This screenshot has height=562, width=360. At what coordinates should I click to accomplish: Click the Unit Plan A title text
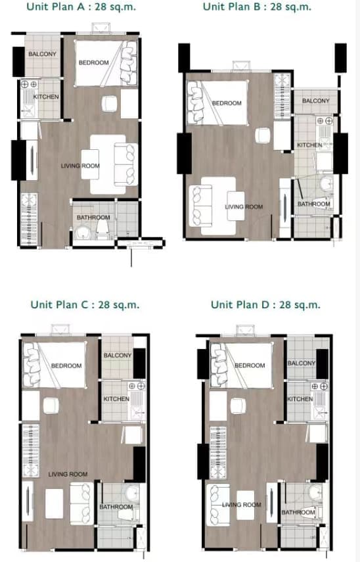coord(81,7)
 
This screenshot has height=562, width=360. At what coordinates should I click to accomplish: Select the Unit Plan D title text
coord(265,304)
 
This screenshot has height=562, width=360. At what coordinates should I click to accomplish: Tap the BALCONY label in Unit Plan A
coord(42,54)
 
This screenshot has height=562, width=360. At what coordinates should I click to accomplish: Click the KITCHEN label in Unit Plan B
coord(309,145)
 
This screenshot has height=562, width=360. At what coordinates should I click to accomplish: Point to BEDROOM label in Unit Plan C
coord(66,366)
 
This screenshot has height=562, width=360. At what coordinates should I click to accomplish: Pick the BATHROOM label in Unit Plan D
coord(298,512)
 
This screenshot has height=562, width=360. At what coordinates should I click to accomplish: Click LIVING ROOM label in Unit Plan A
coord(80,166)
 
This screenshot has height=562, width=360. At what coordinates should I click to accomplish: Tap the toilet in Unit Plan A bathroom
coord(102,229)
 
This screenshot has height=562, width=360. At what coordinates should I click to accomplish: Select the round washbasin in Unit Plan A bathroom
coord(83,233)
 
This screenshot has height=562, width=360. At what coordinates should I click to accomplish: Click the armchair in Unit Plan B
coord(263,135)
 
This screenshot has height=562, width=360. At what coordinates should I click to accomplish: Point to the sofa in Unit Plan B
coord(200,206)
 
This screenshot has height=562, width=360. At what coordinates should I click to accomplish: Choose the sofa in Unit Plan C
coord(81,503)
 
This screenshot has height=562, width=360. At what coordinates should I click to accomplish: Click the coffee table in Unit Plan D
coord(246,505)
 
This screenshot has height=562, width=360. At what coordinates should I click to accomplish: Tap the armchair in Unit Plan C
coord(51,406)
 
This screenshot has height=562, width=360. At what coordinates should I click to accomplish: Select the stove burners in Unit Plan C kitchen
coord(137,386)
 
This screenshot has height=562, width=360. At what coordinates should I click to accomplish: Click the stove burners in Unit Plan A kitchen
coord(29,85)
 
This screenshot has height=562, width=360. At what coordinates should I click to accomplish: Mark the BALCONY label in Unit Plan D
coord(302,363)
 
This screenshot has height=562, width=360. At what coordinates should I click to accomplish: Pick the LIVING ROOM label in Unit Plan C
coord(68,474)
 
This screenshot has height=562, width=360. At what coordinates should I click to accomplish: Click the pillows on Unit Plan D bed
coord(218,365)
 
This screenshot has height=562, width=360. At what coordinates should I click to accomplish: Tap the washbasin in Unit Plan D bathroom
coord(315,492)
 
